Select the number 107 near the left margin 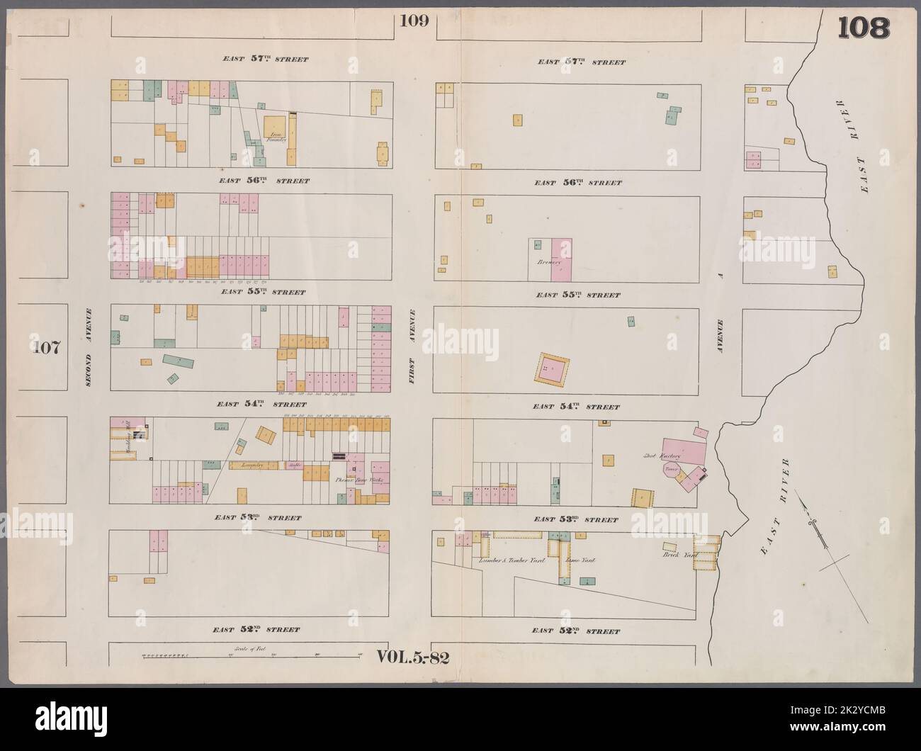point(48,348)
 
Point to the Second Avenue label point(89,348)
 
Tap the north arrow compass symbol point(817,525)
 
